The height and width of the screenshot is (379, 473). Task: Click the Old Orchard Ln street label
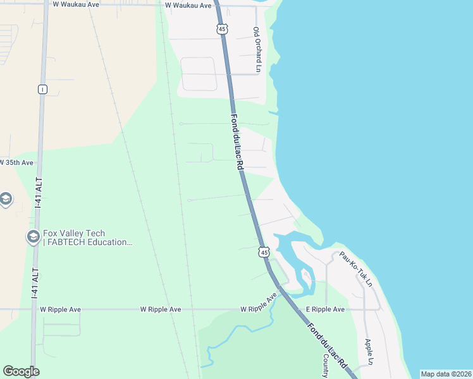[257, 49]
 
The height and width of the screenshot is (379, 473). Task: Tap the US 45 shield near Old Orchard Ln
[221, 28]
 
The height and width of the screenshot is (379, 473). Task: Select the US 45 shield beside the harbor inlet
[264, 252]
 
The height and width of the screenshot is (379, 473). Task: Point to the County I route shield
[42, 89]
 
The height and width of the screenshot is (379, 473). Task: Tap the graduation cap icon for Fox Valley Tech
[33, 237]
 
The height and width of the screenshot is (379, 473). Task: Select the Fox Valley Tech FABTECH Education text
[87, 238]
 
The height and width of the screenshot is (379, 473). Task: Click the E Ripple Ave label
[325, 310]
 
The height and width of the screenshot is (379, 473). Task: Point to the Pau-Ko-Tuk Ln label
[355, 268]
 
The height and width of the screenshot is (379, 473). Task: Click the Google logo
[21, 371]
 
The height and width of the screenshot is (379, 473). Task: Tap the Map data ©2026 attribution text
[445, 374]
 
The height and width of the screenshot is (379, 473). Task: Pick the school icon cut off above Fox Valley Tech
[6, 200]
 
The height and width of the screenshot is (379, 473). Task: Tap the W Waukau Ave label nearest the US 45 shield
[188, 6]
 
